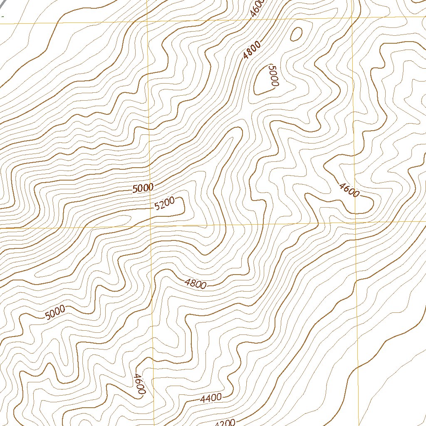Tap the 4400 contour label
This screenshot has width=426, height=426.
click(x=211, y=398)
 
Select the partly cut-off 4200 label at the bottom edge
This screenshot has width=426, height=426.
click(x=225, y=422)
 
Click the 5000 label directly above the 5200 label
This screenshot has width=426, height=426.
click(x=143, y=188)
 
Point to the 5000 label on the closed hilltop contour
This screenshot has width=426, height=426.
click(x=273, y=75)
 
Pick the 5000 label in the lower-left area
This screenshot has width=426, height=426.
click(x=55, y=312)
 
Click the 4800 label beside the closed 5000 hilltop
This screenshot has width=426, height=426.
click(x=253, y=50)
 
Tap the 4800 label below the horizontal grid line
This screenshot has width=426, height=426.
click(x=196, y=284)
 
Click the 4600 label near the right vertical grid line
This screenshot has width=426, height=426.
click(x=349, y=190)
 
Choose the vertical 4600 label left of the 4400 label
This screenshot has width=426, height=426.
click(x=139, y=384)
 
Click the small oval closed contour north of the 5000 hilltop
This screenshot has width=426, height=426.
click(x=296, y=34)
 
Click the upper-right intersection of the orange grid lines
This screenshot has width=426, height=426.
click(x=353, y=18)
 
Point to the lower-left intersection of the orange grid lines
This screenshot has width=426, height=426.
click(x=151, y=227)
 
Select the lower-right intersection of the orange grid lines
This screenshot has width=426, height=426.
click(x=356, y=223)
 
